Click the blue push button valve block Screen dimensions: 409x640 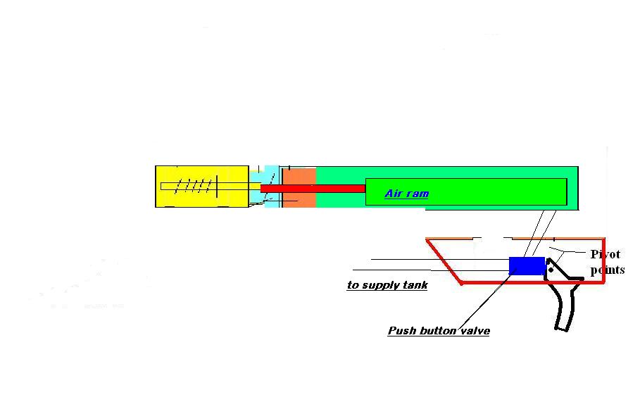tap(527, 266)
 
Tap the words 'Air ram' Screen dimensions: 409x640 tap(406, 194)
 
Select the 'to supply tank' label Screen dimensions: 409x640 tap(387, 285)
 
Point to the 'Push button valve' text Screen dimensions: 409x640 tap(439, 331)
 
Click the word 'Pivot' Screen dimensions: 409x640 tap(606, 254)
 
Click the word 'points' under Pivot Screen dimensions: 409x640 tap(607, 270)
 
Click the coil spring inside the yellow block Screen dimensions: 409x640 tap(194, 186)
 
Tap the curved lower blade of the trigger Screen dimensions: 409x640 tap(567, 310)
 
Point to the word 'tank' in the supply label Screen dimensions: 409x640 tap(414, 285)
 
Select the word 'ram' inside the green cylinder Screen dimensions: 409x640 tap(417, 194)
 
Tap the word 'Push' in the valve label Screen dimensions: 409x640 tap(401, 331)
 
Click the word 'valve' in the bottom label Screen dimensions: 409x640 tap(474, 331)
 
